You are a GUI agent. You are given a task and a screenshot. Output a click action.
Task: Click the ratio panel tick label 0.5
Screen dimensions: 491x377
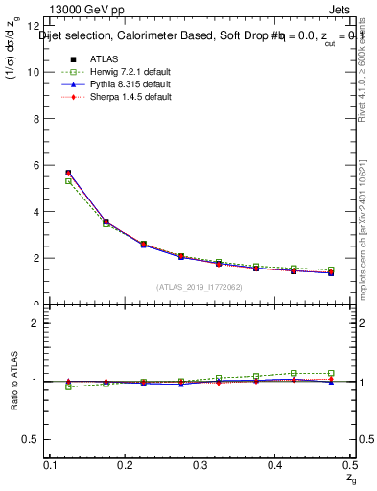(31, 439)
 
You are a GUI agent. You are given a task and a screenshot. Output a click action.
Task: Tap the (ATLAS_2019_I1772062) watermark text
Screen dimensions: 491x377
(200, 286)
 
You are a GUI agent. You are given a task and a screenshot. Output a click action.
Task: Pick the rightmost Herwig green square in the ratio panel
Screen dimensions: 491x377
(331, 373)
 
